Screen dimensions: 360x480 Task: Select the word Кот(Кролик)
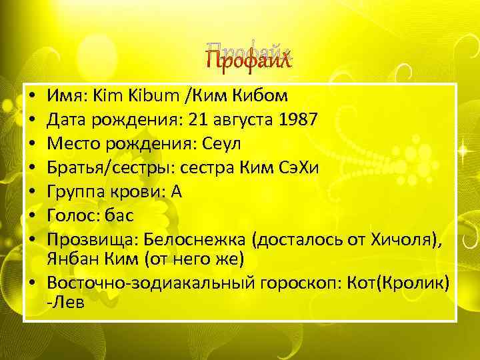click(399, 283)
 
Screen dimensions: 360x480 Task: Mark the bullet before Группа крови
click(33, 192)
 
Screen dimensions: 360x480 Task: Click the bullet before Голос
click(33, 216)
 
